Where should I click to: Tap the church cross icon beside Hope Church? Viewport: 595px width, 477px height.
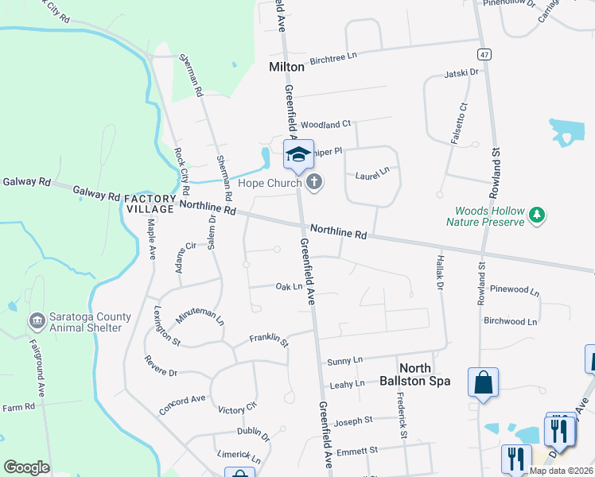point(314,183)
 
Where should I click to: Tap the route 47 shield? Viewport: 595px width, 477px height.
point(484,54)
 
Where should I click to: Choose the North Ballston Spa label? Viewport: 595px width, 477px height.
point(425,374)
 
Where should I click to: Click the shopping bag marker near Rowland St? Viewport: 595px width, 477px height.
point(483,385)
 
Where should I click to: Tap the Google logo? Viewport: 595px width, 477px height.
point(26,467)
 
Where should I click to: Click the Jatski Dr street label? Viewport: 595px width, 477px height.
point(462,72)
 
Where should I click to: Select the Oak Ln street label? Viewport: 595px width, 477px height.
point(289,286)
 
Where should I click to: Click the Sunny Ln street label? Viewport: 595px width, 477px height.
point(346,361)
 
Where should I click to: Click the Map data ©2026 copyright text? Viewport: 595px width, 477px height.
point(560,471)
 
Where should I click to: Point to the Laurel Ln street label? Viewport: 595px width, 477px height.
point(372,171)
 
